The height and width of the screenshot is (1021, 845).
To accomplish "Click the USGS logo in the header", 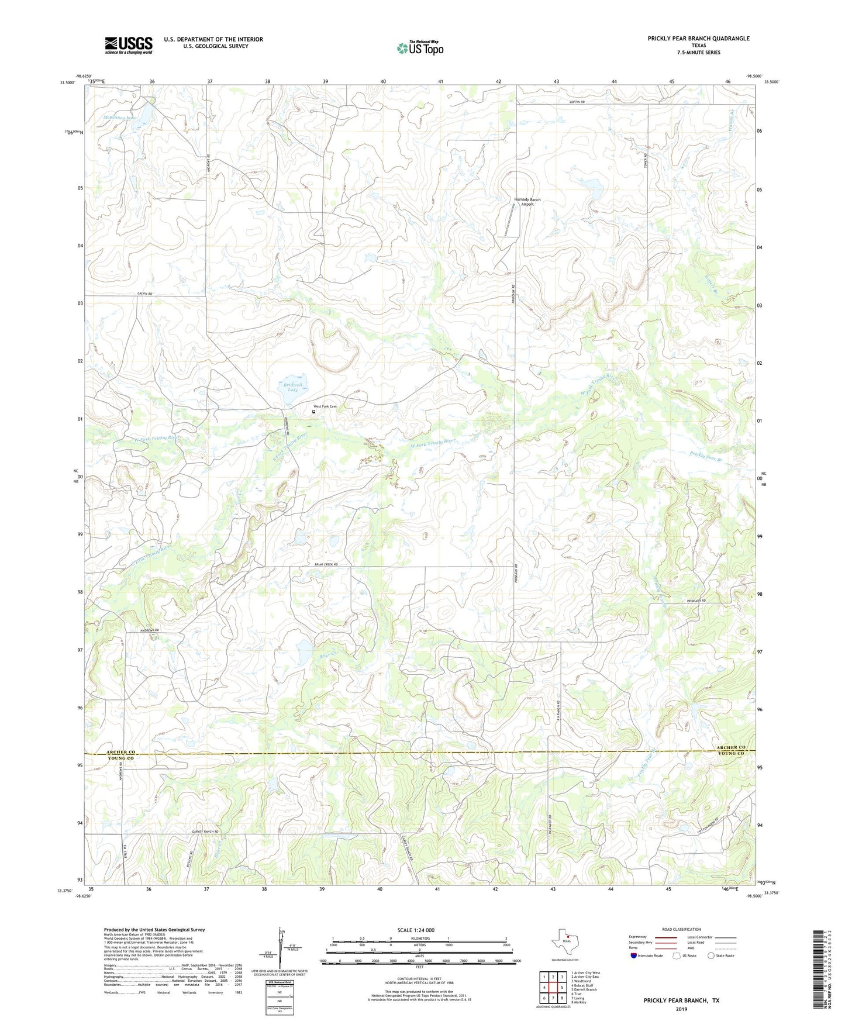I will (129, 45).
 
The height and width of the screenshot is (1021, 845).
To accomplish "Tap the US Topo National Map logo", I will (420, 48).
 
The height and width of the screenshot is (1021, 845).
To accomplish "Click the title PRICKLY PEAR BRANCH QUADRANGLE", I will (698, 39).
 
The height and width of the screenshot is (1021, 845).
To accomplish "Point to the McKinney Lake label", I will (120, 118).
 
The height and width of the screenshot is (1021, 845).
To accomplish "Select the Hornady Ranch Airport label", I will (527, 202).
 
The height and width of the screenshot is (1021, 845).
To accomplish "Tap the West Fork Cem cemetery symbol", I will (313, 412).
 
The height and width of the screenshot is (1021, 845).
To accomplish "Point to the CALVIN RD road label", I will (144, 293).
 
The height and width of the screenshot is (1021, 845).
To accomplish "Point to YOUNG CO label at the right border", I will (731, 754).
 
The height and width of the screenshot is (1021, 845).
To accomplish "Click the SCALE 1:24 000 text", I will (416, 930).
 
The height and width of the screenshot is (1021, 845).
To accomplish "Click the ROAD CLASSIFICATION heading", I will (681, 929).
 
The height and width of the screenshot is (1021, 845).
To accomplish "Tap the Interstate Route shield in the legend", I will (634, 956).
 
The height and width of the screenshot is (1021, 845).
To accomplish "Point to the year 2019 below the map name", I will (681, 1009).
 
